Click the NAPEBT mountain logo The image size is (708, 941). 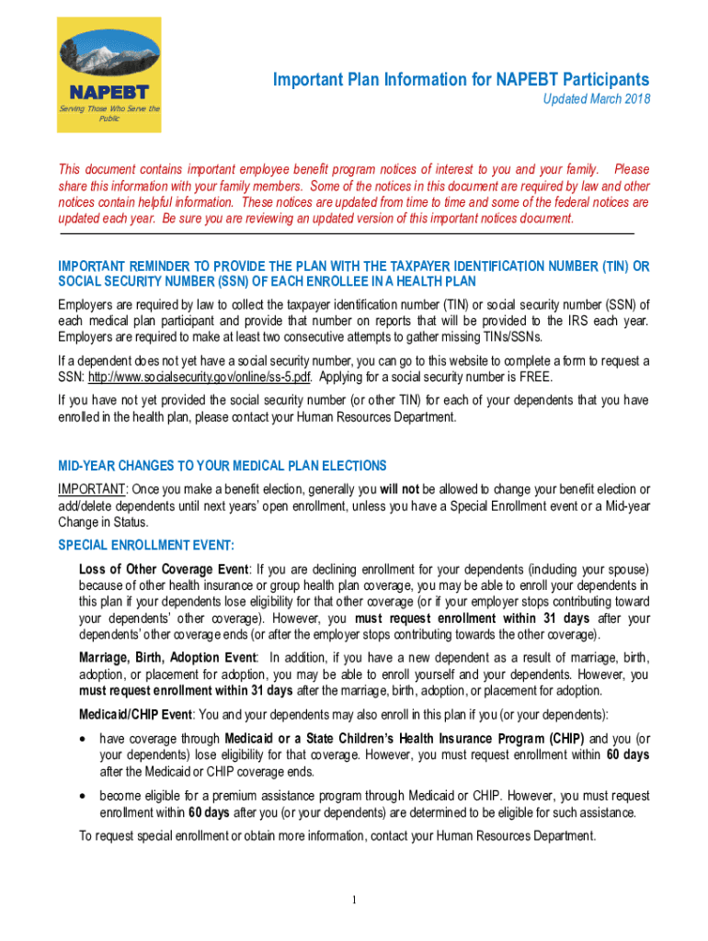click(x=108, y=56)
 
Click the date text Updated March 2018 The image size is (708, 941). click(x=596, y=99)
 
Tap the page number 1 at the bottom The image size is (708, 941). click(x=354, y=898)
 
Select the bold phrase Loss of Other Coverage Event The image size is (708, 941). click(x=164, y=568)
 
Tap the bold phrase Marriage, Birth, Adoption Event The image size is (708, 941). click(x=168, y=657)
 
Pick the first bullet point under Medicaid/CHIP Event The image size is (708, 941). click(x=86, y=739)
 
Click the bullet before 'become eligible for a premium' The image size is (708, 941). click(x=86, y=796)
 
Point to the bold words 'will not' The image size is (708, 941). click(x=399, y=489)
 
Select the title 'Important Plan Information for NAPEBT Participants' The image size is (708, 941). click(x=461, y=80)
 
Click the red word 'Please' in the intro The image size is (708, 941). click(x=631, y=169)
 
